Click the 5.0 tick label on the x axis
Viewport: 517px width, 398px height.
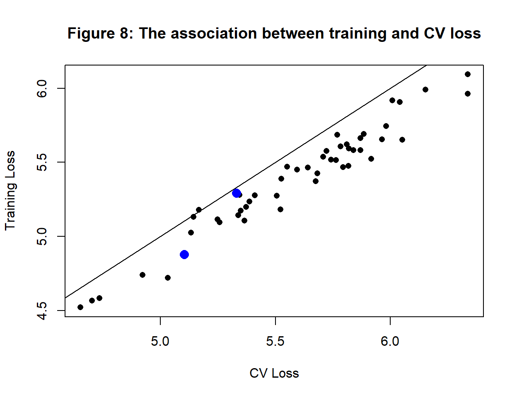[160, 341]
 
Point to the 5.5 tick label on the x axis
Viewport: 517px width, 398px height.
[275, 341]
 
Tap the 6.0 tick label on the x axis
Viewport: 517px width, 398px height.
[390, 341]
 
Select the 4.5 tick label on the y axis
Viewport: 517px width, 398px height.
[42, 311]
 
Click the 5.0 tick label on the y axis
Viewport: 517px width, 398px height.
[42, 236]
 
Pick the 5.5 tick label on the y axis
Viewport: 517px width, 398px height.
[42, 162]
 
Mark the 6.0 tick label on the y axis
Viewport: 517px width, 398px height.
[42, 88]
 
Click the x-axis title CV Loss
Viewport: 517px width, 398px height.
[274, 373]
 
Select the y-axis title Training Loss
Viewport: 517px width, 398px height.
[10, 191]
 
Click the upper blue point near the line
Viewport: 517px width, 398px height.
[236, 193]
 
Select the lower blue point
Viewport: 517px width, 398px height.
[184, 255]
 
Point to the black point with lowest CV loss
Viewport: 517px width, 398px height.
[80, 307]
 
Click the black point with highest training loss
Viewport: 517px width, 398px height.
[468, 74]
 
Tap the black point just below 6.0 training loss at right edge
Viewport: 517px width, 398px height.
[468, 94]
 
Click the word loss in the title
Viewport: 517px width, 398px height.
[466, 33]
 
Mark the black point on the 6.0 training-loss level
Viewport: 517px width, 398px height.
[425, 90]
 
